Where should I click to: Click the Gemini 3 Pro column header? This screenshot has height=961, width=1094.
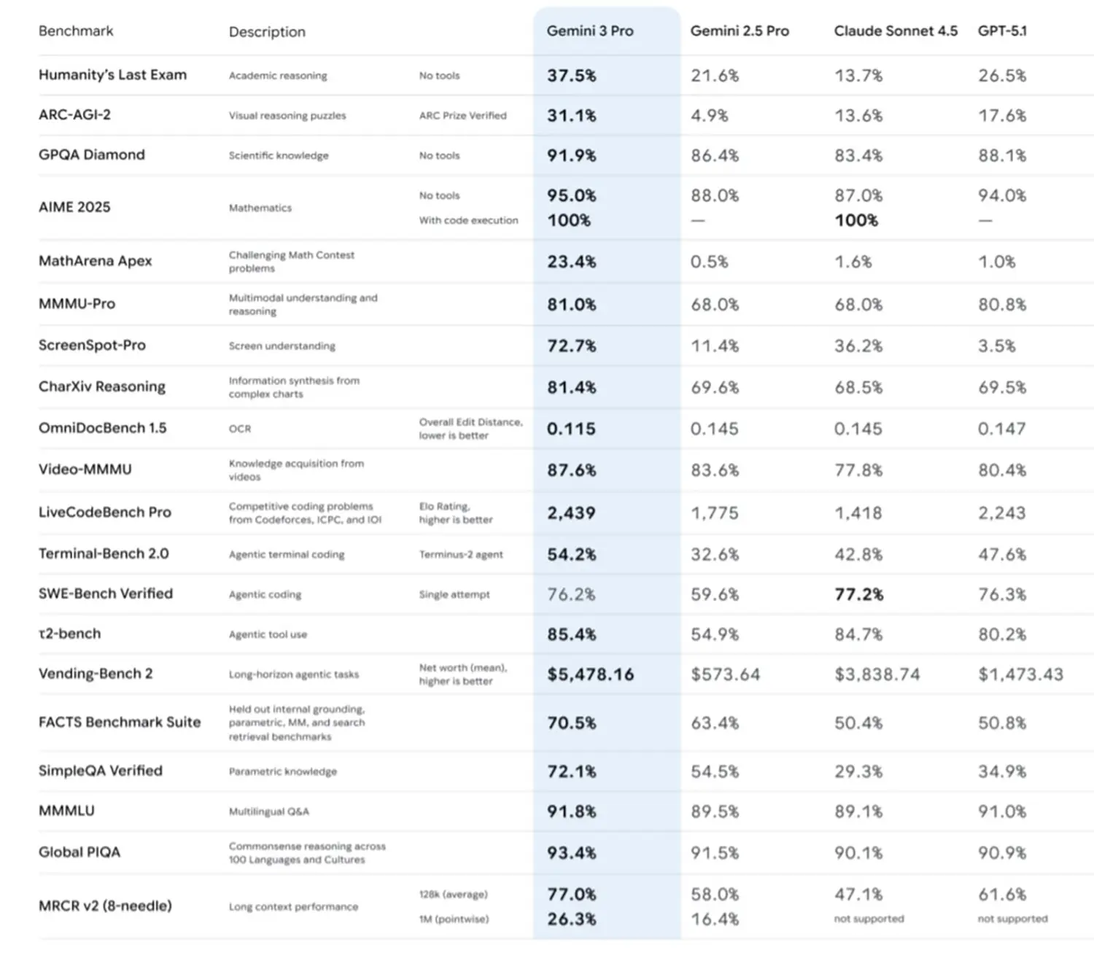click(x=590, y=31)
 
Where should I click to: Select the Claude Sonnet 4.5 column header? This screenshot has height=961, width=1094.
click(x=896, y=31)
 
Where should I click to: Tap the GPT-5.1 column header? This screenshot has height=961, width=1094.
click(x=1002, y=31)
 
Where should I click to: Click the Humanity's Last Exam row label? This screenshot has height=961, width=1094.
click(x=112, y=75)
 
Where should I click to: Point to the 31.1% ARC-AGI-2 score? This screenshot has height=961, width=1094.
click(x=571, y=115)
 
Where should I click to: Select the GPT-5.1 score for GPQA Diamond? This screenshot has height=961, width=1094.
click(x=1002, y=155)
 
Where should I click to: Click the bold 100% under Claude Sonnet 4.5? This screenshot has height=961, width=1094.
click(x=856, y=220)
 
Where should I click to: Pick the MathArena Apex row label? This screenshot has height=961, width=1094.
click(x=96, y=261)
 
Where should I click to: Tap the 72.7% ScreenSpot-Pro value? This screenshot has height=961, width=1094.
click(x=571, y=346)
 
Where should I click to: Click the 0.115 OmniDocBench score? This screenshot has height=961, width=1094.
click(x=571, y=429)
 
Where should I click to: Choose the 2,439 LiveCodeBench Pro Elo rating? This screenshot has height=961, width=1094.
click(x=571, y=513)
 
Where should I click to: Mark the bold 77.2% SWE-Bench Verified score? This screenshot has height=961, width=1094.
click(x=858, y=594)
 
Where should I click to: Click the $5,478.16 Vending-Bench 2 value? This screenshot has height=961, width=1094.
click(x=590, y=674)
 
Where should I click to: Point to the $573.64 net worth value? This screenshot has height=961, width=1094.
click(x=725, y=674)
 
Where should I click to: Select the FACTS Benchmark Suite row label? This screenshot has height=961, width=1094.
click(x=120, y=722)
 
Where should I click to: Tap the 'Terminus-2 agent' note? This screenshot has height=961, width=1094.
click(x=461, y=554)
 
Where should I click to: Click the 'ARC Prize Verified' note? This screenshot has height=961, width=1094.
click(x=462, y=115)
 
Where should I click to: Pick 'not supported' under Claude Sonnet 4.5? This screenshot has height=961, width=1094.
click(x=869, y=919)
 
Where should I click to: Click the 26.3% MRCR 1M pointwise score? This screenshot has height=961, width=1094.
click(x=571, y=919)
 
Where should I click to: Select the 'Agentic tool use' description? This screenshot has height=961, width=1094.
click(x=268, y=634)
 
